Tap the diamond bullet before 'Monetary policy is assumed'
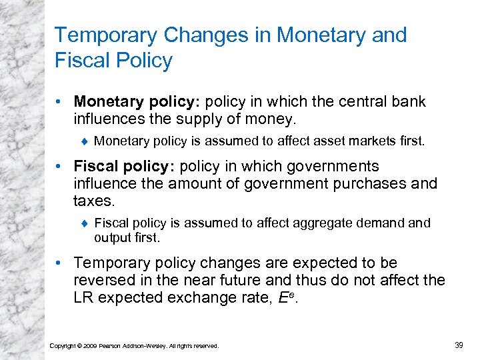85,141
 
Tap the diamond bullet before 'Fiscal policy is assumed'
85,223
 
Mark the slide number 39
458,344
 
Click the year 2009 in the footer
89,345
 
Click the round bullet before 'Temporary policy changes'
61,263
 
